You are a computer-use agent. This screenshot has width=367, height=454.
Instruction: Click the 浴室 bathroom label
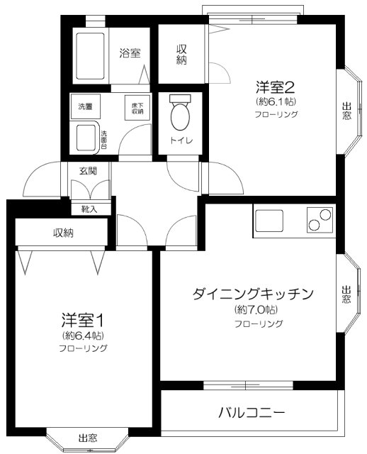(x=130, y=52)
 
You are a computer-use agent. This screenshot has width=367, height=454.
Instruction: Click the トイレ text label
(x=181, y=140)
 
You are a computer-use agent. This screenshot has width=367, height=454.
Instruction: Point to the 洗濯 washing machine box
(x=85, y=106)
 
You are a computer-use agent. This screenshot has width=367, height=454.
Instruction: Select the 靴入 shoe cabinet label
(x=89, y=209)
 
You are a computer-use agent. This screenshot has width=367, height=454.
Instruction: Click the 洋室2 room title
(x=275, y=87)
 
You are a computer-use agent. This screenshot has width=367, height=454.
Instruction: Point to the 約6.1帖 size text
(x=276, y=101)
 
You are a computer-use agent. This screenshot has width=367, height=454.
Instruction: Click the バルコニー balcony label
(x=252, y=412)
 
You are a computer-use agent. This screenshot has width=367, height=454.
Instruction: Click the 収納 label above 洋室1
(x=63, y=233)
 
